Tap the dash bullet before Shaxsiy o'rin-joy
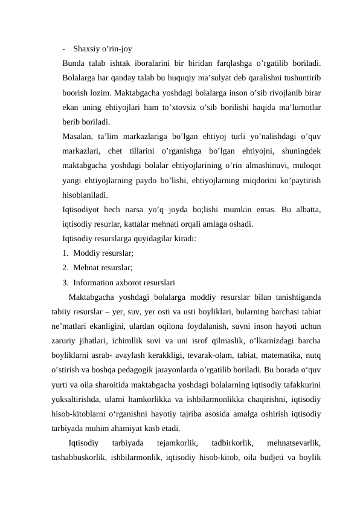[63, 49]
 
